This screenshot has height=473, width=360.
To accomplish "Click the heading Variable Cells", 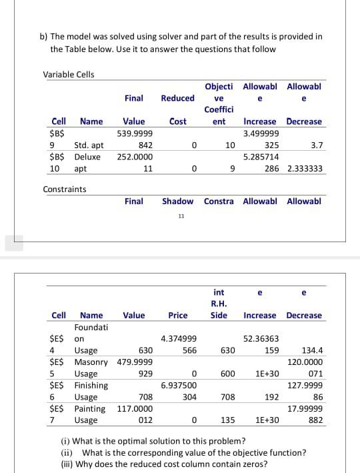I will [69, 74].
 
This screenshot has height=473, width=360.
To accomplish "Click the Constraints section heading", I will [65, 189].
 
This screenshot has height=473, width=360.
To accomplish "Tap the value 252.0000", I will [135, 157].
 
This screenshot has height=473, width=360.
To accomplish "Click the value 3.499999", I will [261, 133].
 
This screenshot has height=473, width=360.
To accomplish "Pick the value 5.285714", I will [261, 157].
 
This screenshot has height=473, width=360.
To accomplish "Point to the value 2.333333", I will [305, 169].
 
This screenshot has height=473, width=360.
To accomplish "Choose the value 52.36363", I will [261, 339].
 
